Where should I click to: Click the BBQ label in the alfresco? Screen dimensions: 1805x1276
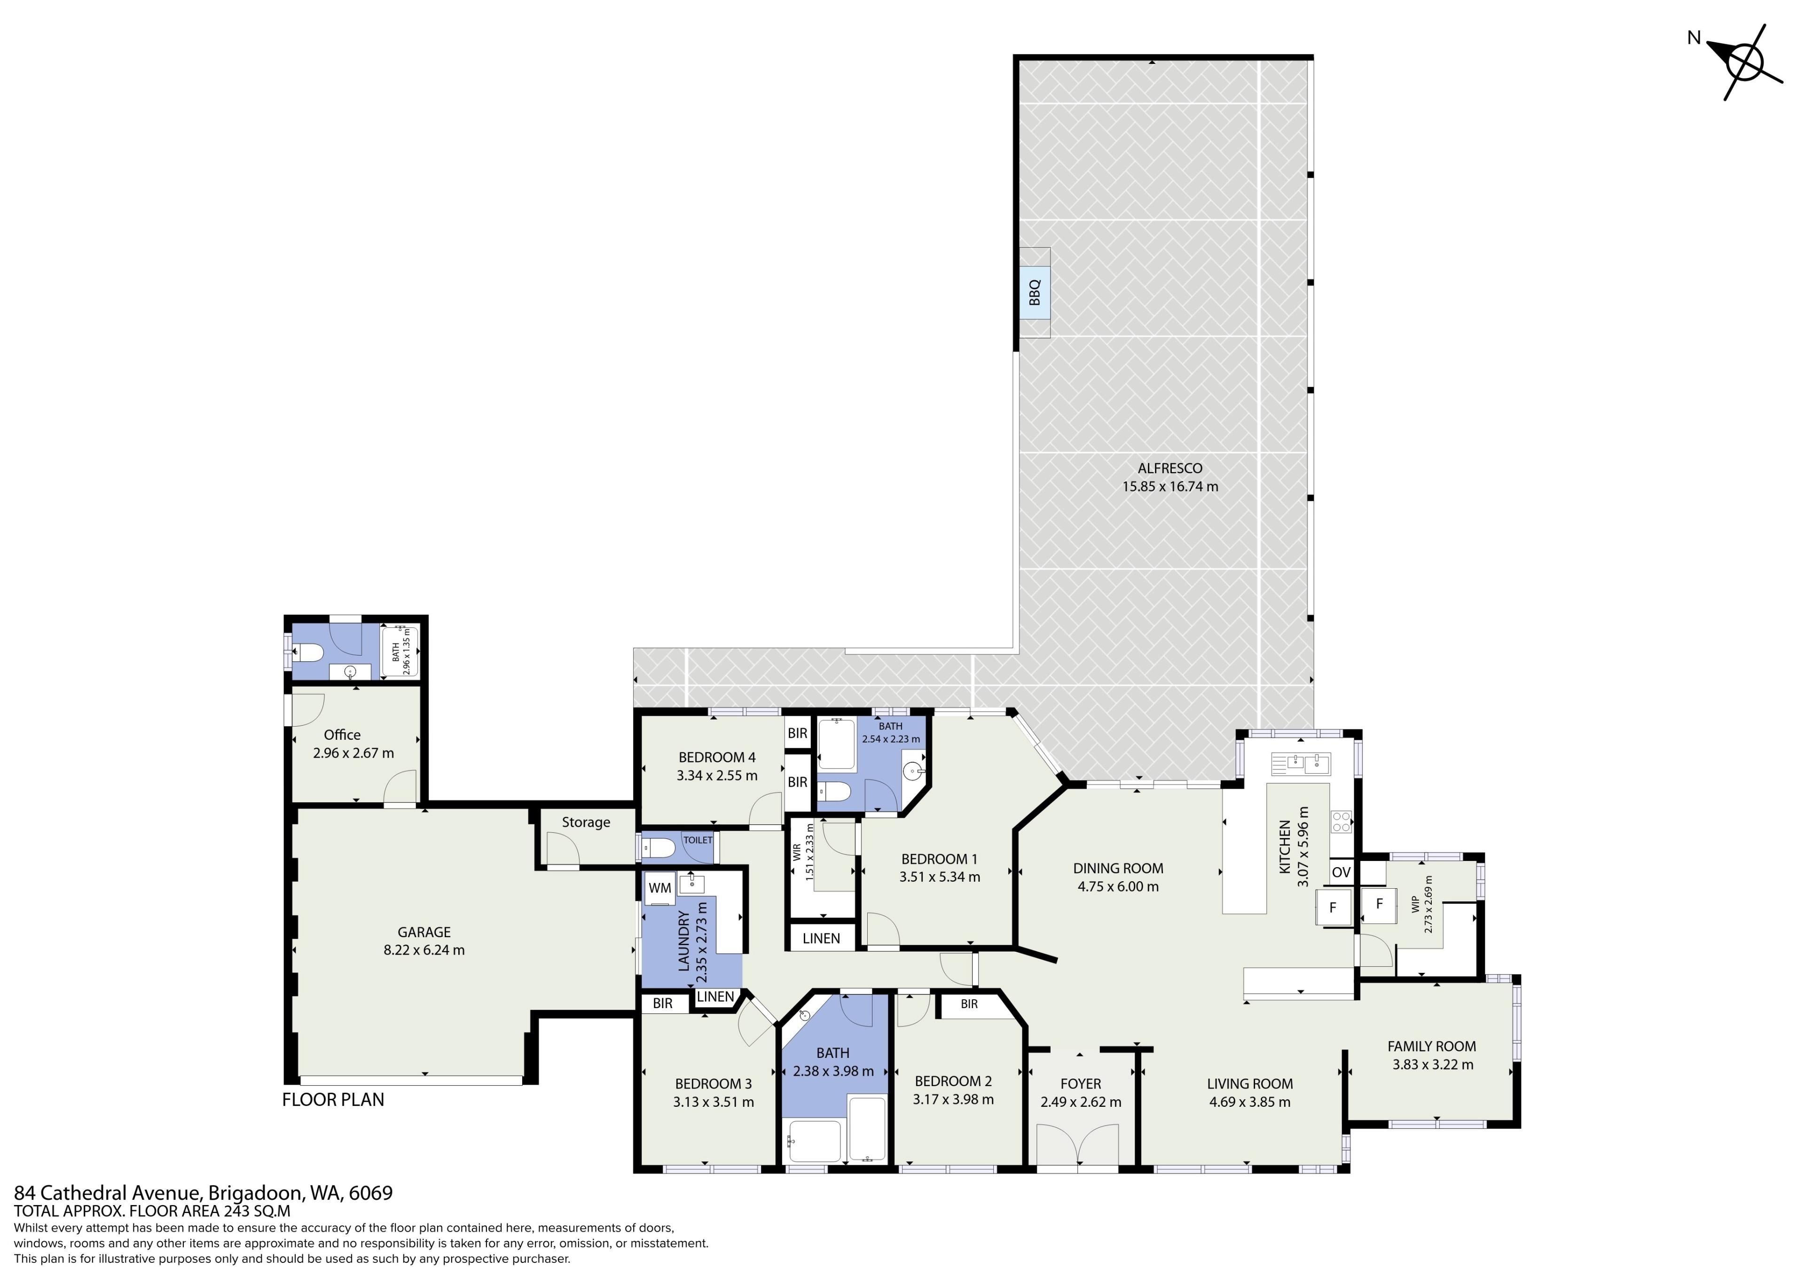pos(1035,292)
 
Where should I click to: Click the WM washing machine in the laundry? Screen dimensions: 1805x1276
pos(659,888)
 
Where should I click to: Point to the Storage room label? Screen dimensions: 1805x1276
pos(586,822)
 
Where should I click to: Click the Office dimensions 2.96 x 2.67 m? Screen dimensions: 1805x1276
pos(353,753)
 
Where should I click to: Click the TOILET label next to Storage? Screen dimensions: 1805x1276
pos(697,840)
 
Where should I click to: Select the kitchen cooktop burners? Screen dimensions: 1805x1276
pos(1341,822)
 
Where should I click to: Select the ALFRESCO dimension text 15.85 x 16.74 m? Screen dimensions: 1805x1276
pos(1170,486)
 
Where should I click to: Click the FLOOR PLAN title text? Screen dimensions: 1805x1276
pos(333,1100)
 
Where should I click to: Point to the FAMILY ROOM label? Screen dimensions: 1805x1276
pos(1432,1047)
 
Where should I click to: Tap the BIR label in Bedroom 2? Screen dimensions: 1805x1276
pos(969,1004)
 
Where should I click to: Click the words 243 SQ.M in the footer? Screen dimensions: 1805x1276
pos(256,1212)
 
